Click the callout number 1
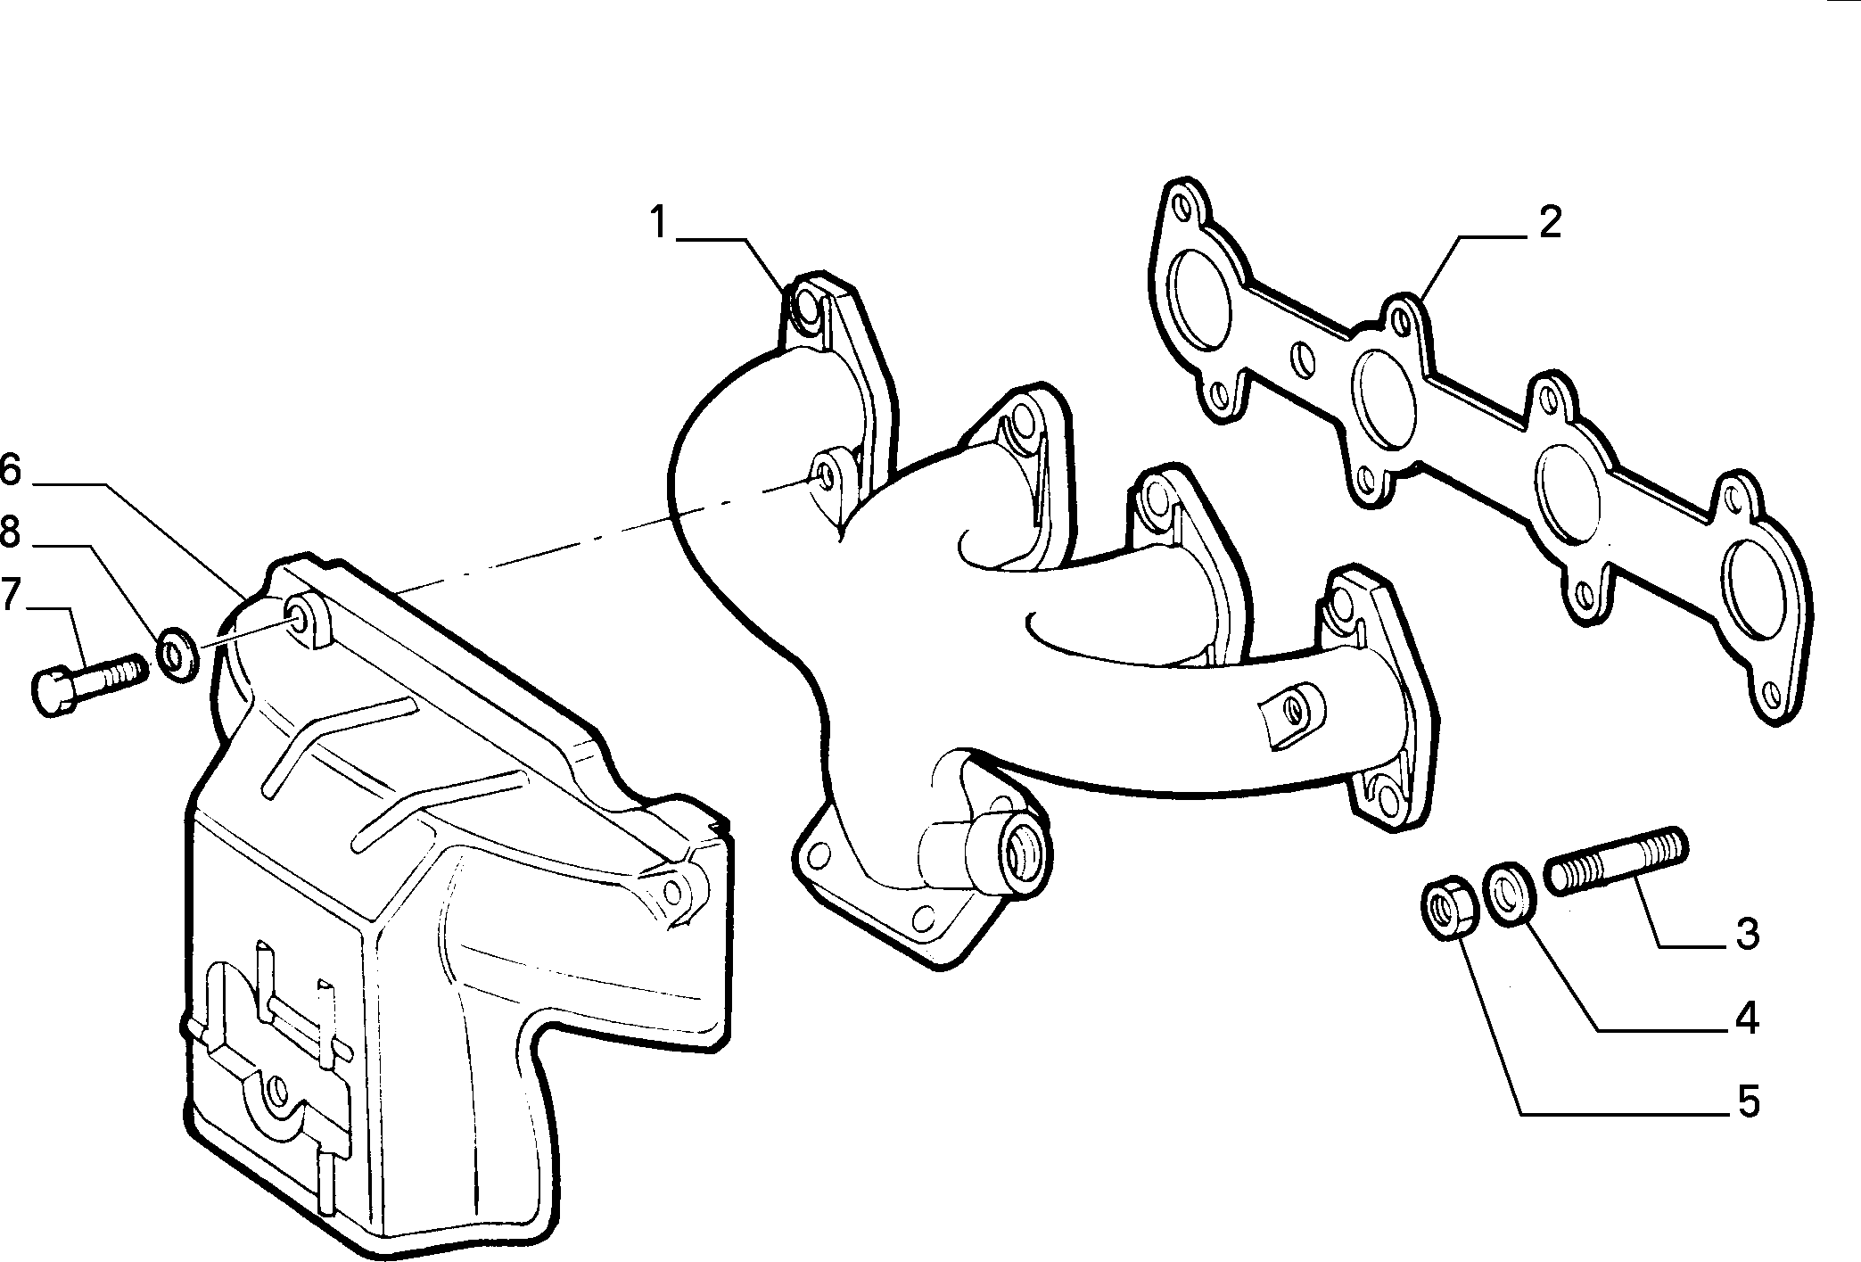tap(658, 222)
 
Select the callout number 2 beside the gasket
tap(1551, 222)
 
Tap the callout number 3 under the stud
tap(1747, 933)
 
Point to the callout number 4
tap(1747, 1019)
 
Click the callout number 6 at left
tap(10, 469)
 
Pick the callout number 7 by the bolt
tap(10, 595)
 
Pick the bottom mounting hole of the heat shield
tap(277, 1089)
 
